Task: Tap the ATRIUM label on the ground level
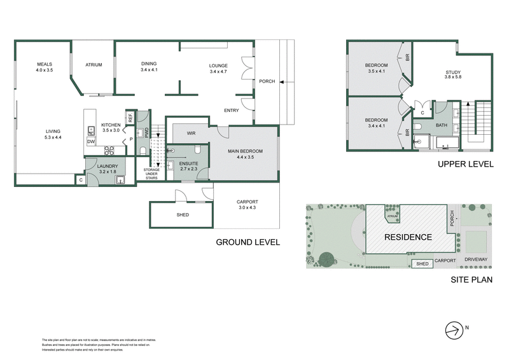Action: click(x=94, y=65)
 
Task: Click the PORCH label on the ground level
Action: click(x=267, y=81)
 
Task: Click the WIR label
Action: click(x=190, y=134)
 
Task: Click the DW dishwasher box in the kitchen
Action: click(x=91, y=142)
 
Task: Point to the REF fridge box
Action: click(x=130, y=116)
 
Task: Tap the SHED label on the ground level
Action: click(x=183, y=215)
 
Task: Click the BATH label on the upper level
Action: click(x=441, y=126)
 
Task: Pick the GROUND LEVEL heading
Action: click(x=248, y=242)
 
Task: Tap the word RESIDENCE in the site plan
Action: click(x=407, y=237)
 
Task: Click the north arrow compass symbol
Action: click(x=454, y=329)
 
